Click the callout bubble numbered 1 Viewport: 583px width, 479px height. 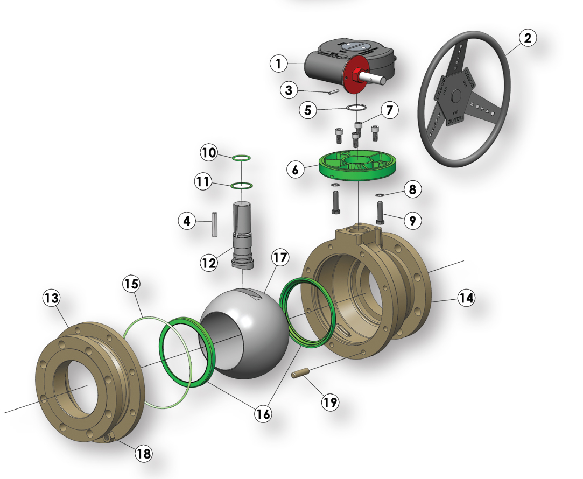coord(278,64)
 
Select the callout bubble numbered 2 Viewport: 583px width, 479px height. coord(528,38)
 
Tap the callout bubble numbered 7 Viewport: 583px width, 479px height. coord(389,111)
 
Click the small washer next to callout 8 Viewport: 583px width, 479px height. coord(378,195)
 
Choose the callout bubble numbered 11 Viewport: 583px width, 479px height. coord(203,182)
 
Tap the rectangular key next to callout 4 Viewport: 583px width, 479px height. coord(214,224)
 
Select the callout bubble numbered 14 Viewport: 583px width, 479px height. coord(466,297)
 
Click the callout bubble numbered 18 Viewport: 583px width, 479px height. coord(143,453)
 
